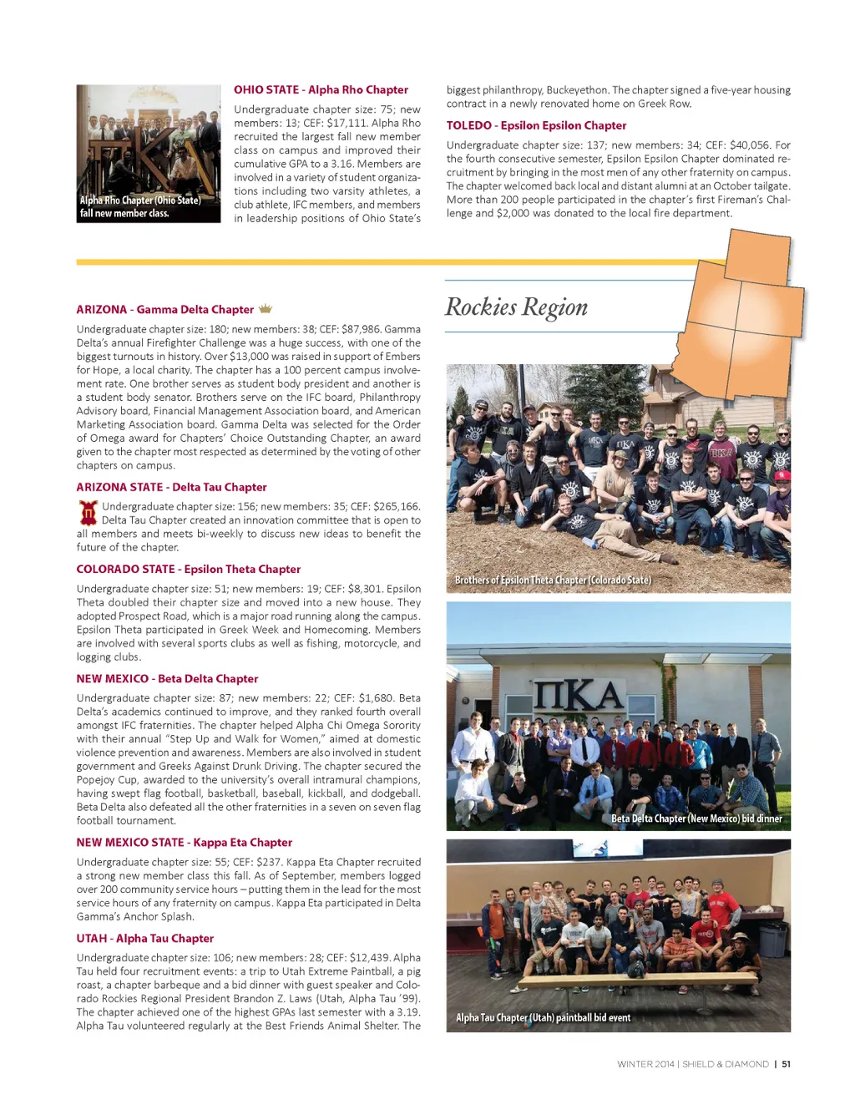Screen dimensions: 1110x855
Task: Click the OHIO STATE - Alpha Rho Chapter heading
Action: pos(321,90)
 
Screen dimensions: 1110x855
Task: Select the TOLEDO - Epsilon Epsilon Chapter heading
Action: pos(536,125)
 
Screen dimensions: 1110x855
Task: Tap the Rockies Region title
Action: pos(516,307)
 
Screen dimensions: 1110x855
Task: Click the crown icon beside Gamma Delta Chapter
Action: pos(266,309)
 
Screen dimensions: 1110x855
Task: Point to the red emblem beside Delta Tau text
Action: pos(88,513)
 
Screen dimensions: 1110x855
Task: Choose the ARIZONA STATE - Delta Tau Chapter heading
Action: pos(171,487)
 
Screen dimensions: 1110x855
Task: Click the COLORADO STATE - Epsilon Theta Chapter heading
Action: pos(188,569)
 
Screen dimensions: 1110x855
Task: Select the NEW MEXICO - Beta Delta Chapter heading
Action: pos(167,679)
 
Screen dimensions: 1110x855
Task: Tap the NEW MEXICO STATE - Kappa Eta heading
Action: pos(184,843)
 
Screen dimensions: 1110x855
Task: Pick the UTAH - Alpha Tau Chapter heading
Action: pos(144,939)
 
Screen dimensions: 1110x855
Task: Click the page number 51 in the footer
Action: pos(786,1064)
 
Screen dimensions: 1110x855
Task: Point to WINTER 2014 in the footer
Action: pos(645,1064)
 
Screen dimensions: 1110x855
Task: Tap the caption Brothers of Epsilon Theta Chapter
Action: pos(553,580)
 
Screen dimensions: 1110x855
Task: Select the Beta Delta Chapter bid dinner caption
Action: pos(696,819)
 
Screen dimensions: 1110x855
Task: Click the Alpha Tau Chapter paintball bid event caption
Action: pos(543,1017)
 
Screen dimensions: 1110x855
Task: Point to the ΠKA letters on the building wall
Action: pos(579,695)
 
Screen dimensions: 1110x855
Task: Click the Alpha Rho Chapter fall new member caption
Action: pos(140,206)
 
